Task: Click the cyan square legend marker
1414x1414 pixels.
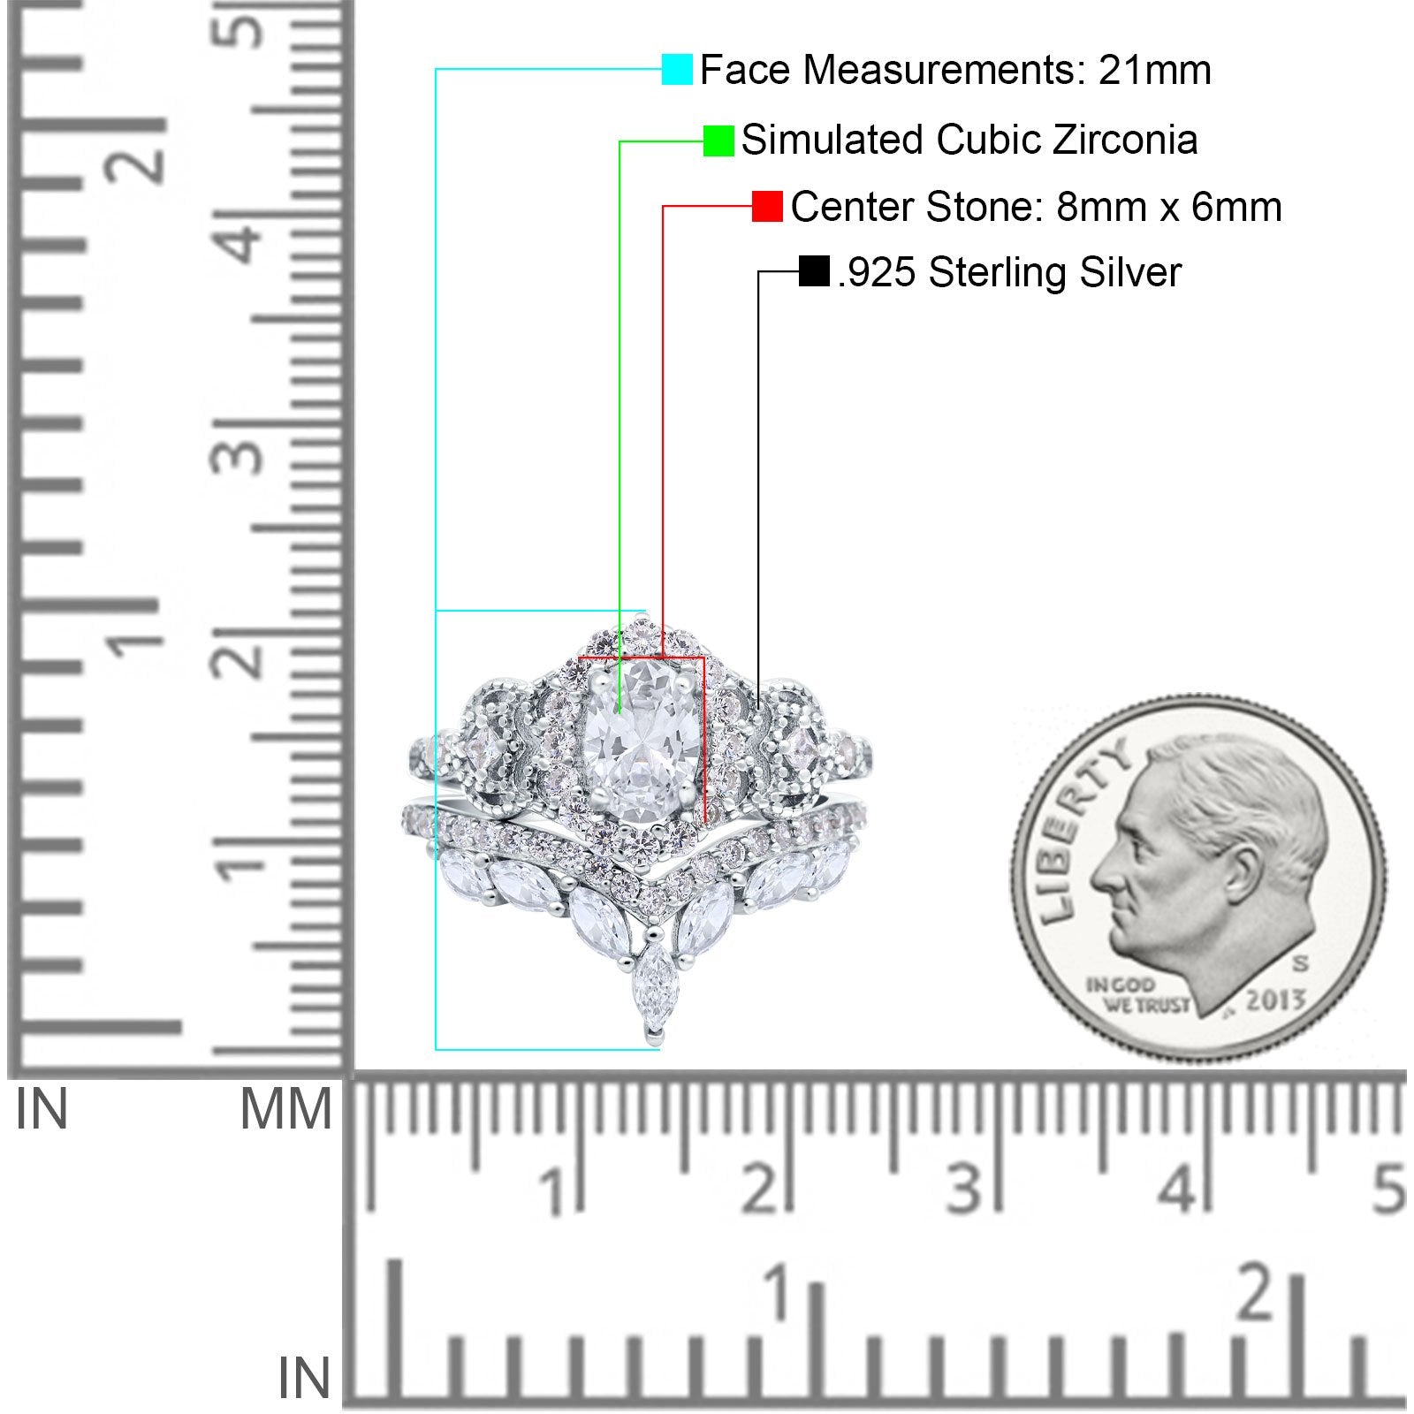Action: (x=677, y=69)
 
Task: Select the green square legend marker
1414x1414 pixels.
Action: (x=718, y=141)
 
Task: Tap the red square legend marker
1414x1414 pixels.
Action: (x=767, y=206)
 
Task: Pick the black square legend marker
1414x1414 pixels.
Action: (x=814, y=271)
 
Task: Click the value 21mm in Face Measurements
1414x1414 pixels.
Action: (x=1155, y=70)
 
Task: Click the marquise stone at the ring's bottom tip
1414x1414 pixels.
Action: (x=653, y=986)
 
